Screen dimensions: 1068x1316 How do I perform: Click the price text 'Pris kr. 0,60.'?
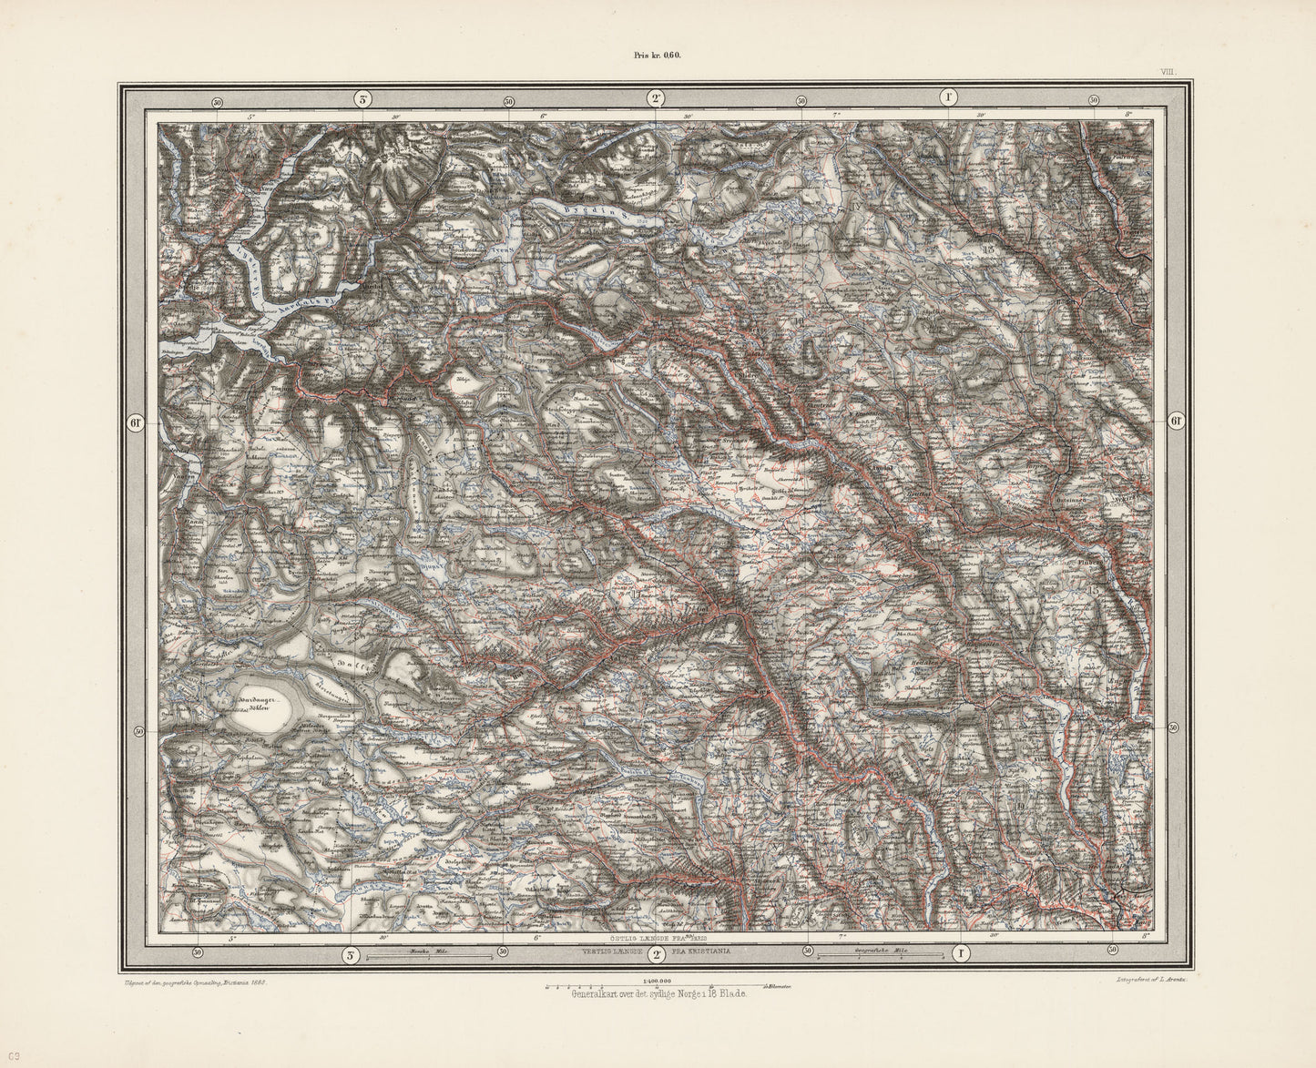click(658, 55)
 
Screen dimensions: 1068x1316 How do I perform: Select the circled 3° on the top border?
click(362, 98)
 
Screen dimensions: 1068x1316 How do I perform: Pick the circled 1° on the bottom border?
click(960, 953)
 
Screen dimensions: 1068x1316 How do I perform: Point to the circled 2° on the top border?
click(655, 98)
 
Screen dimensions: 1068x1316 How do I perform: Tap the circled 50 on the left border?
click(139, 731)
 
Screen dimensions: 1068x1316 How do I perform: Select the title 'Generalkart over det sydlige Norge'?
click(658, 994)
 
